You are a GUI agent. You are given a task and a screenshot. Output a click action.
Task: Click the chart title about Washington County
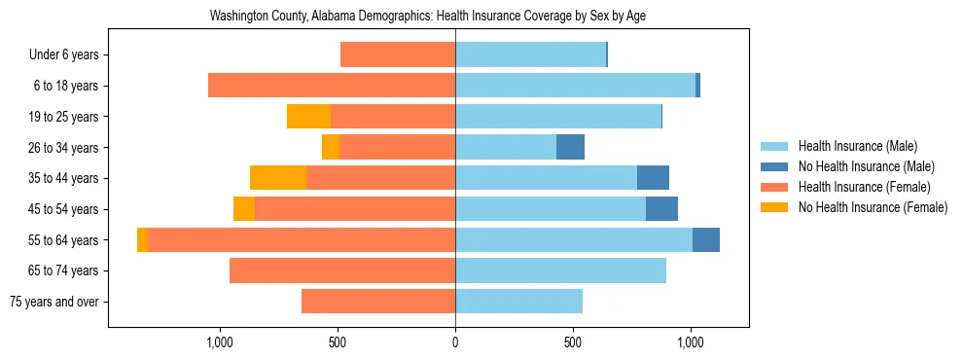click(x=428, y=17)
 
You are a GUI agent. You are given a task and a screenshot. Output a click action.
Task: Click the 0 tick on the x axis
click(x=455, y=342)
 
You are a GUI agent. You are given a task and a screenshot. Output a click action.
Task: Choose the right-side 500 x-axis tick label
click(x=573, y=342)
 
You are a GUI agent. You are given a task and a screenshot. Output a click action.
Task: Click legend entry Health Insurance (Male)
click(x=857, y=146)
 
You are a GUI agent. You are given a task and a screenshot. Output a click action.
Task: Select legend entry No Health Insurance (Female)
click(x=873, y=207)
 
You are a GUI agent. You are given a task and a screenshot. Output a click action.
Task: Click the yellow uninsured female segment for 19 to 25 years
click(x=308, y=117)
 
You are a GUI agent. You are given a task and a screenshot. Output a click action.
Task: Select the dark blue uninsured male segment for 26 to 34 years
click(x=570, y=147)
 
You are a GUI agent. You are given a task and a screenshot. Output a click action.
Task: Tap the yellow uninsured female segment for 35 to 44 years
click(x=278, y=178)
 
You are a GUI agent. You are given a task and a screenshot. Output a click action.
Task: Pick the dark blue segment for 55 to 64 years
click(x=705, y=239)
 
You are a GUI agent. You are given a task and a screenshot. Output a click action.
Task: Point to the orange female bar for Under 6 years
click(x=398, y=54)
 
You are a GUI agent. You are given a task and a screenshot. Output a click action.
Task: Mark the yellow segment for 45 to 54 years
click(x=244, y=209)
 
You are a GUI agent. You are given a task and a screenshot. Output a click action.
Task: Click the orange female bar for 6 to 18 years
click(x=332, y=86)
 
